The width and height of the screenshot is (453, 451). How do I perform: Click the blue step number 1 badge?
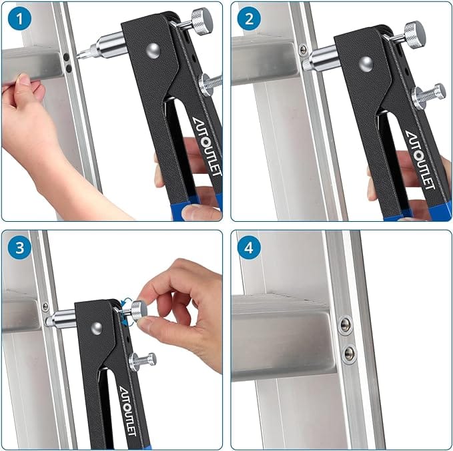click(19, 19)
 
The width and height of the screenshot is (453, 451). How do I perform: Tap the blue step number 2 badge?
click(249, 19)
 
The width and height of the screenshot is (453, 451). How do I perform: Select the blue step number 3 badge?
click(19, 248)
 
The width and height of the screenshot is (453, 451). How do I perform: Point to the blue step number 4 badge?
click(249, 248)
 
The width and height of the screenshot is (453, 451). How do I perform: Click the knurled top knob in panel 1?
click(202, 21)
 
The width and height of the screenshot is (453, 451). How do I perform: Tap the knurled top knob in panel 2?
click(415, 35)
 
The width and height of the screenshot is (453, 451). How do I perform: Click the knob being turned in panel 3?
click(139, 310)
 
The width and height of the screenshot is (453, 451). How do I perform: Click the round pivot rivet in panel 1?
click(153, 51)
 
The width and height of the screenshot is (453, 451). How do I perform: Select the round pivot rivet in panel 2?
click(366, 64)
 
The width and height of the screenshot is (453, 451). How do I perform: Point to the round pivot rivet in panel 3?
click(97, 328)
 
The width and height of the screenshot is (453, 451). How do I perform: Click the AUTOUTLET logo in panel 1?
click(207, 147)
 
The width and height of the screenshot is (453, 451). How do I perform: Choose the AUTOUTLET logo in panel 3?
click(127, 411)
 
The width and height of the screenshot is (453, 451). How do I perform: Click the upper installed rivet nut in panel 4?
click(346, 325)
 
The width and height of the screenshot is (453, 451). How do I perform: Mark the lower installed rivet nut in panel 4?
click(350, 353)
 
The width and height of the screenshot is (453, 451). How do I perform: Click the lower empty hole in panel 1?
click(69, 69)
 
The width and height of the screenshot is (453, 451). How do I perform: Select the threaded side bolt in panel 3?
click(143, 361)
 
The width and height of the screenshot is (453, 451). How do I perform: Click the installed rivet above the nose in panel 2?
click(303, 50)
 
